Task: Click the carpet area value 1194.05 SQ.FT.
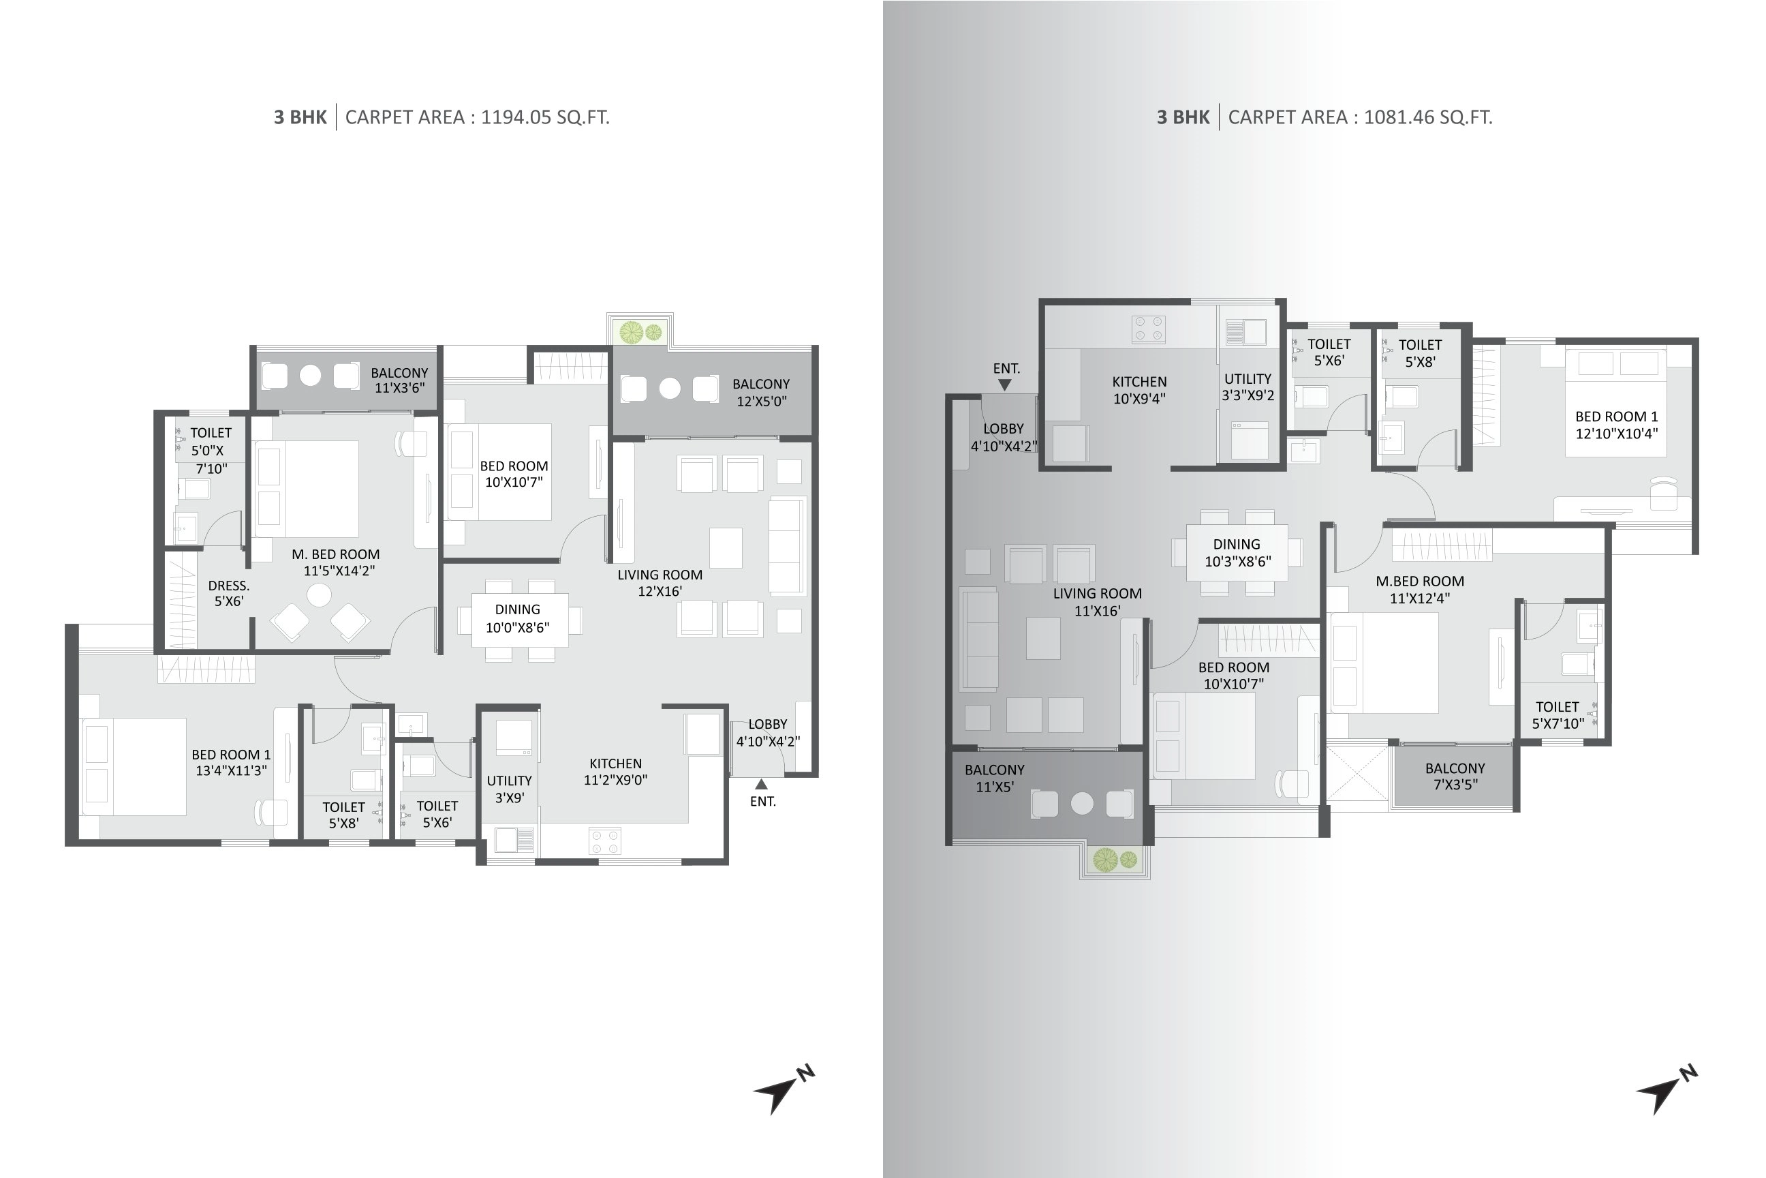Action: pos(544,117)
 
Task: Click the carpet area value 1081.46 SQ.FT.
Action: pos(1427,117)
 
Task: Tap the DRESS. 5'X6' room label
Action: pos(229,593)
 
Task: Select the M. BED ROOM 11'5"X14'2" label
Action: pos(336,562)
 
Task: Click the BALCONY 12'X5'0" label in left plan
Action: pos(760,392)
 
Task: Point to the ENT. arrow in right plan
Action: pos(1005,384)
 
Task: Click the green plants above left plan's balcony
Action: pos(640,331)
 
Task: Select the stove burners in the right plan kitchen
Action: pos(1148,330)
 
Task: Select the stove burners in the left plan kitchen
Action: pos(605,841)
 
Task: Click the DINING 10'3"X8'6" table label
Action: pos(1237,552)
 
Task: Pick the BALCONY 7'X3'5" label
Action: pos(1455,776)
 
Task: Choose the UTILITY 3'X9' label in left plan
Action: pos(509,789)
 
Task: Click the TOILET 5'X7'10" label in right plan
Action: pos(1558,714)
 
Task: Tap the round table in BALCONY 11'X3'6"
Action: pos(310,375)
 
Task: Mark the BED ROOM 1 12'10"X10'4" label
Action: pos(1616,425)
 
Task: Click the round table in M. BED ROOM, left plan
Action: pos(319,596)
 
